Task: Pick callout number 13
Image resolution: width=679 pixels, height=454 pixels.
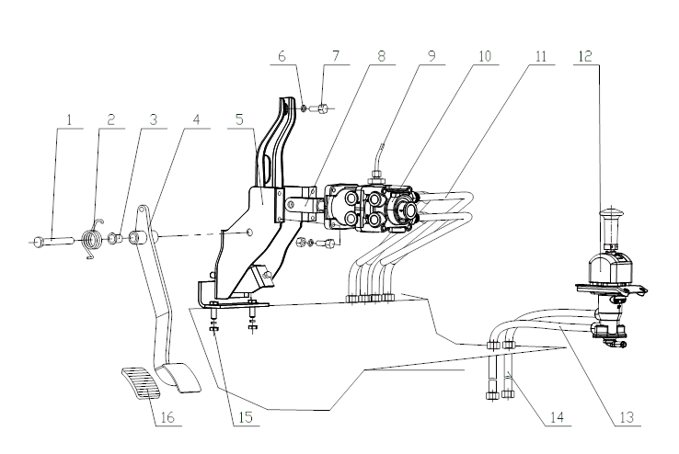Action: coord(627,416)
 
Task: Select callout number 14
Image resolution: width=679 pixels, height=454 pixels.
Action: coord(556,416)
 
